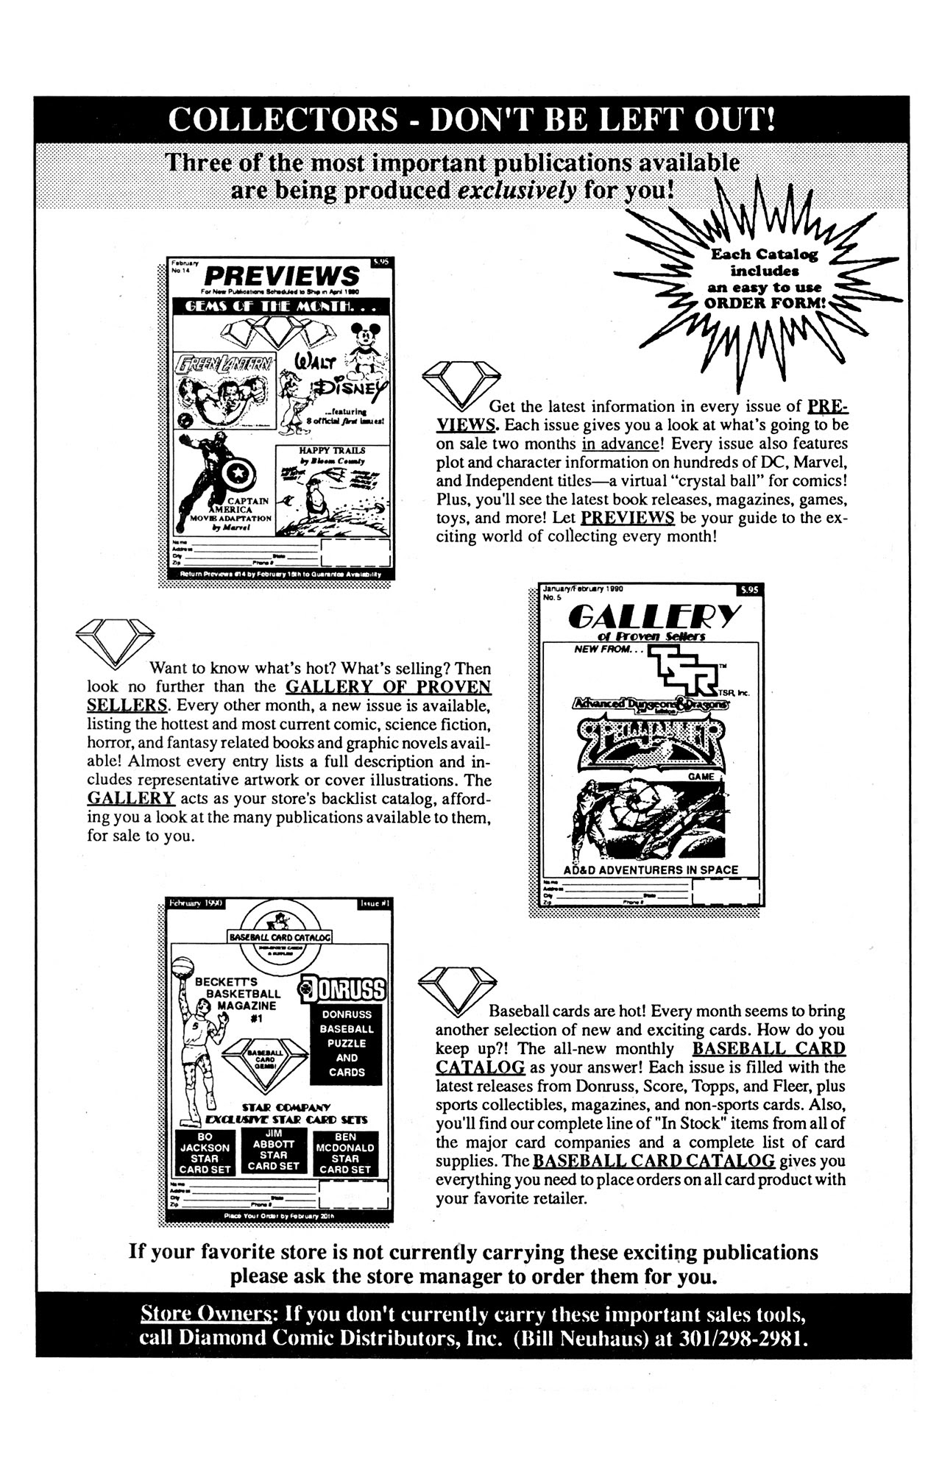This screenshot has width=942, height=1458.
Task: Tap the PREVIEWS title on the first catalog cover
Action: click(x=281, y=276)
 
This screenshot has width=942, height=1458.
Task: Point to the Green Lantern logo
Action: click(x=224, y=362)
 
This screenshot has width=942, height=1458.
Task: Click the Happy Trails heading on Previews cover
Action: click(x=331, y=449)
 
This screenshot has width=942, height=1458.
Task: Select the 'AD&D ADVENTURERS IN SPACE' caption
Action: click(x=651, y=870)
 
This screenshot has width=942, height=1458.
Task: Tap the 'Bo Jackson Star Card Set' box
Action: click(x=205, y=1153)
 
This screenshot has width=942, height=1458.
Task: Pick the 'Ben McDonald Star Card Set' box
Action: click(x=345, y=1153)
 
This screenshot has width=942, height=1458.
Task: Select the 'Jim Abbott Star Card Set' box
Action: click(x=275, y=1151)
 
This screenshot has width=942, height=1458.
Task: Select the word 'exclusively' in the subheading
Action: click(x=516, y=191)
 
